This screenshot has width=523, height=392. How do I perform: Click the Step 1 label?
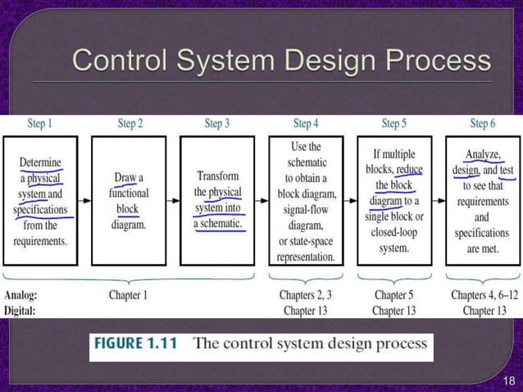click(39, 124)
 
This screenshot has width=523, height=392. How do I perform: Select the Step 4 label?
click(305, 124)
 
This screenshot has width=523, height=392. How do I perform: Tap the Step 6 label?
click(483, 124)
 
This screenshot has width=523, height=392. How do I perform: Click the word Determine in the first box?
click(40, 162)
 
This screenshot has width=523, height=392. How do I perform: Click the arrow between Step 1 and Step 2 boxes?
click(84, 200)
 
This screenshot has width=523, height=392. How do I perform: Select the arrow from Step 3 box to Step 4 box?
click(262, 200)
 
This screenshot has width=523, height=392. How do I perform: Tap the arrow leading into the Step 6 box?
click(439, 200)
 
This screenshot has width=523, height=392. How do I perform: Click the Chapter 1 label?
click(129, 294)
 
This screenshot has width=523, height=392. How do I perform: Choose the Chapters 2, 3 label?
click(305, 294)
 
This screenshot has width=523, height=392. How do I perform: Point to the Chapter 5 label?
click(393, 294)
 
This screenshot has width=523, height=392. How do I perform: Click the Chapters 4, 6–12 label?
click(484, 294)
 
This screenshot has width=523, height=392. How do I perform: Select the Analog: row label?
click(20, 294)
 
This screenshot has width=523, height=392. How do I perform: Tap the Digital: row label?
click(21, 310)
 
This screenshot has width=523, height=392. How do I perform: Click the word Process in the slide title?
click(439, 62)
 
